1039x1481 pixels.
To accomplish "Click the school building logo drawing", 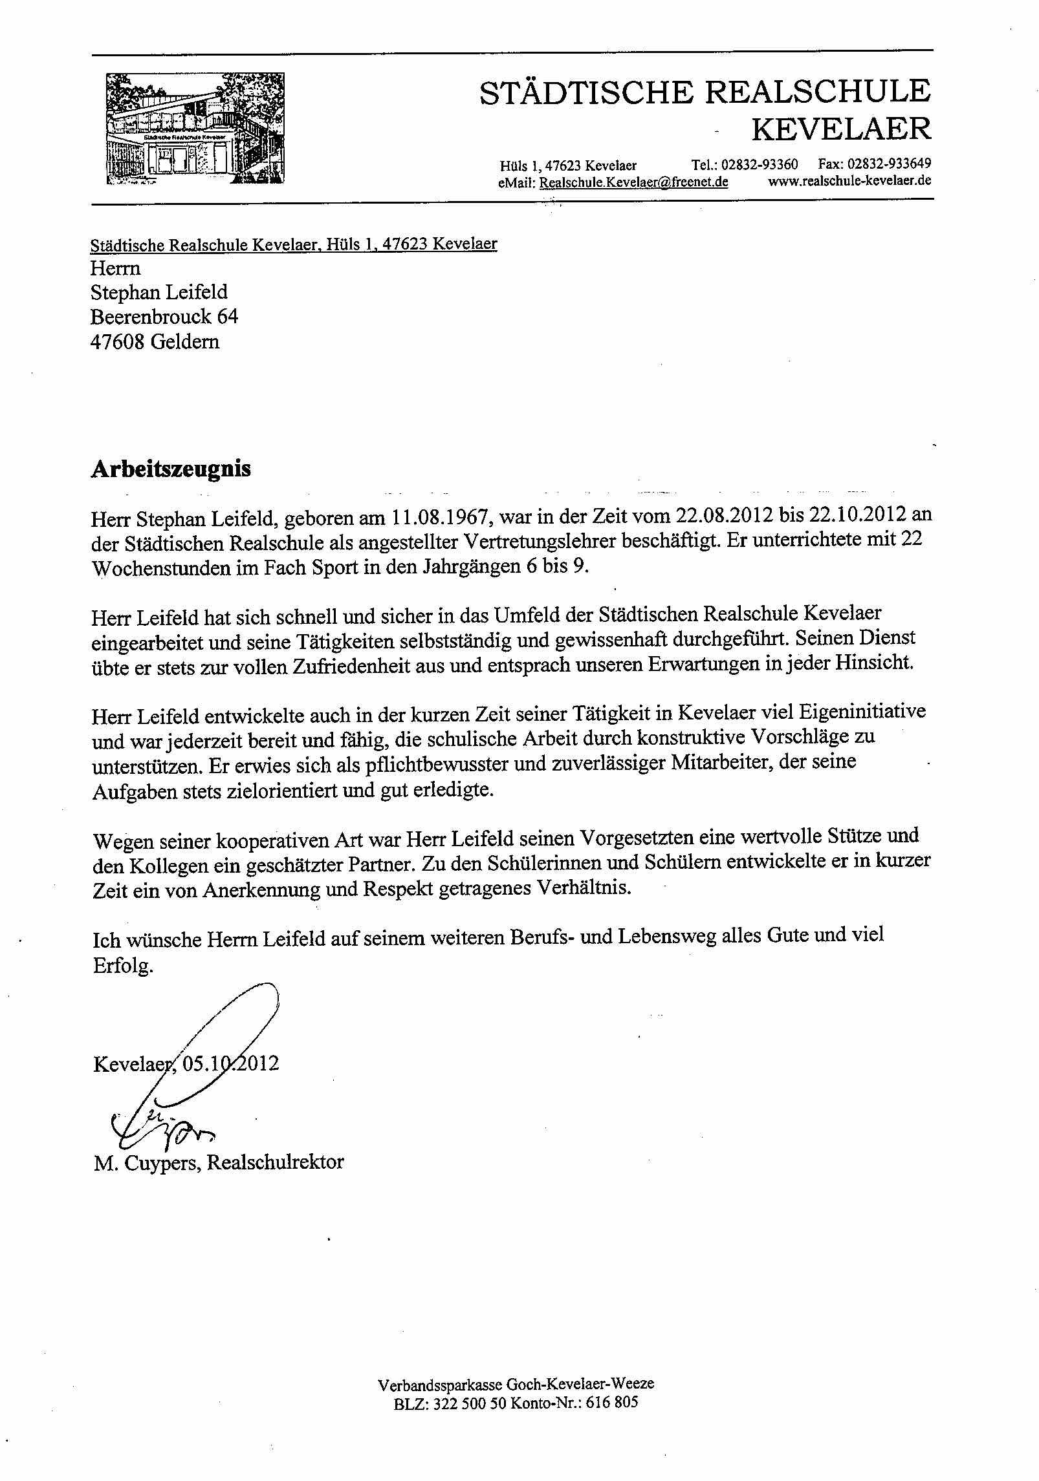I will click(195, 129).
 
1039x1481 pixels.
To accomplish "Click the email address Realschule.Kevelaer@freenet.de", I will click(633, 182).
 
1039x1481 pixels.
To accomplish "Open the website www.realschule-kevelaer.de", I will click(849, 181).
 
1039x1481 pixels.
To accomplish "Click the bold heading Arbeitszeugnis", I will click(171, 469).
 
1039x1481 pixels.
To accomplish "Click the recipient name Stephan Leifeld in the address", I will click(159, 292).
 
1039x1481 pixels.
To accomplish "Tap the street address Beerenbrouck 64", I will click(164, 317).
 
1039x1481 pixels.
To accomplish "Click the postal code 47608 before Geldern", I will click(118, 341).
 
